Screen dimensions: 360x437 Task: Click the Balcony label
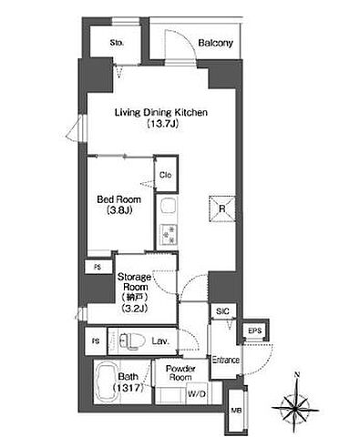click(215, 43)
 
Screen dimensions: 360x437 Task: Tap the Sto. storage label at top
click(117, 43)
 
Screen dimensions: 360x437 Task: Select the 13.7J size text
click(161, 124)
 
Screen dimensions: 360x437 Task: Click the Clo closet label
click(166, 175)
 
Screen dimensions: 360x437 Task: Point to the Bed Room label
click(118, 199)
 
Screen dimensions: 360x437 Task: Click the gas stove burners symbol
click(169, 234)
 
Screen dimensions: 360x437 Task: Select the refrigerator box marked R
click(222, 209)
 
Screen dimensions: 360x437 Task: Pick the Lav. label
click(160, 341)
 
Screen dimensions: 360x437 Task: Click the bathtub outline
click(106, 382)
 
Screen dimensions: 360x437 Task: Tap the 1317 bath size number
click(128, 388)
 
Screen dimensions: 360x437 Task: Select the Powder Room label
click(180, 373)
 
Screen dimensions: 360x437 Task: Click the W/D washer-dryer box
click(197, 394)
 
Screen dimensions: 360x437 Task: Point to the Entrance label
click(225, 361)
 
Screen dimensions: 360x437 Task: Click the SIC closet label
click(222, 311)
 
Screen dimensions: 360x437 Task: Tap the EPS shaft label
click(254, 330)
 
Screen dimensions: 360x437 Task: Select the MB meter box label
click(236, 411)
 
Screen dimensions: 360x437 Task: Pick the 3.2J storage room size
click(135, 309)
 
